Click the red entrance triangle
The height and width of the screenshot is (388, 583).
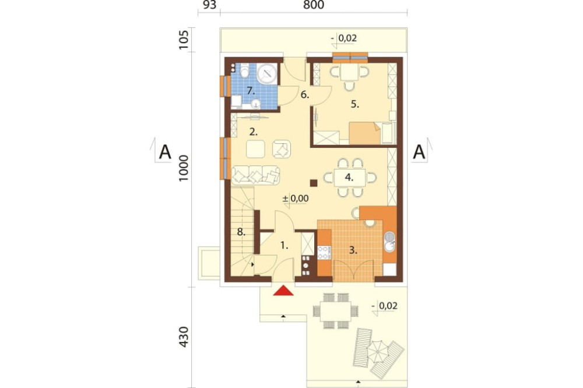point(283,291)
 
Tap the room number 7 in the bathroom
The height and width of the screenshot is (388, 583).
point(250,90)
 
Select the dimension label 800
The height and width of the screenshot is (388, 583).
point(314,5)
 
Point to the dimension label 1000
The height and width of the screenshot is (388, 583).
point(184,168)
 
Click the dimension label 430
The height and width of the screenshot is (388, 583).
point(184,337)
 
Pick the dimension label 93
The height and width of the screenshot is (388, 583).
point(209,5)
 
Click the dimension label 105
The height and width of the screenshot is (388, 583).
point(184,39)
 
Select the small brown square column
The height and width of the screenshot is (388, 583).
point(314,182)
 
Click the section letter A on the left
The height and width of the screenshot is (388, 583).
point(165,152)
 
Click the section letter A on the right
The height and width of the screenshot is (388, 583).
point(419,152)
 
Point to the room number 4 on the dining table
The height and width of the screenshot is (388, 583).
point(349,177)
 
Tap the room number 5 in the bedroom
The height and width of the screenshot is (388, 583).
point(355,104)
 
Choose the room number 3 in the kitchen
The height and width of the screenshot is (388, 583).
point(353,251)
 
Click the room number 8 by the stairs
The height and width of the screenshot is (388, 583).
point(241,232)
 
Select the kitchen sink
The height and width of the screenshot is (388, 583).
point(389,242)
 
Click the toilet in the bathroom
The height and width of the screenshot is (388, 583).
point(244,70)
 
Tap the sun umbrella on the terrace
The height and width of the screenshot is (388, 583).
point(377,351)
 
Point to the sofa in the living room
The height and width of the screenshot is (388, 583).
point(255,175)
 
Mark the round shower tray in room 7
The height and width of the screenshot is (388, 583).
point(266,73)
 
